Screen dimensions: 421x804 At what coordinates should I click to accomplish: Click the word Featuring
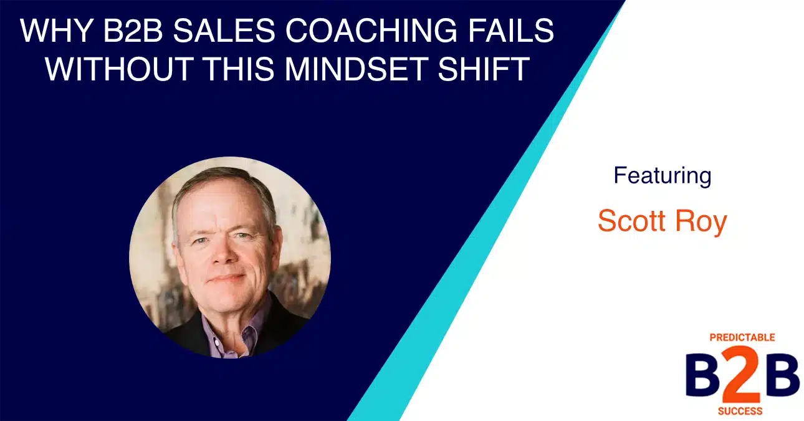662,175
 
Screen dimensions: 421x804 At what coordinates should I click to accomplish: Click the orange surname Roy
706,222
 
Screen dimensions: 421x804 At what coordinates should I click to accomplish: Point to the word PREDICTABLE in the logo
742,337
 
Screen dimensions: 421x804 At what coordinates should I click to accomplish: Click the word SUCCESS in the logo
742,411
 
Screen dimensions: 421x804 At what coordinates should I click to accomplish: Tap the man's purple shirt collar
249,324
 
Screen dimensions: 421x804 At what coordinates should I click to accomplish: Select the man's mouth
225,279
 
